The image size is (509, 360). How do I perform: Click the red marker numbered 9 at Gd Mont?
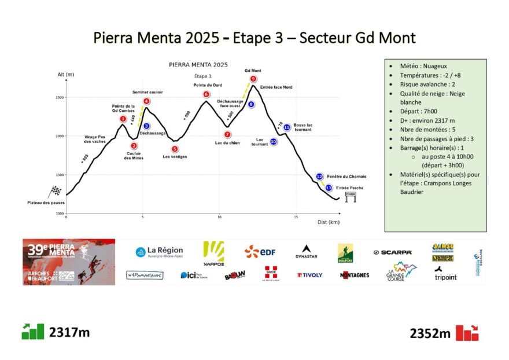click(253, 79)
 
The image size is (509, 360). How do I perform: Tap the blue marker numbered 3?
click(146, 126)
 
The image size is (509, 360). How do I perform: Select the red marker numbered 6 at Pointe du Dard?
click(206, 94)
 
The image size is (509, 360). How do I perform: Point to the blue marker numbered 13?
click(329, 188)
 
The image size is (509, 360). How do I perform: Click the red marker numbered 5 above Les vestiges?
click(174, 149)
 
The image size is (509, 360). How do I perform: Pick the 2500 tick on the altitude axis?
click(60, 97)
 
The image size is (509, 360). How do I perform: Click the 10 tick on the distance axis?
click(219, 217)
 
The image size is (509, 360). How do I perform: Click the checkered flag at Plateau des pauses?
click(56, 190)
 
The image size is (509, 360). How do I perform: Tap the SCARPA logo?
click(393, 252)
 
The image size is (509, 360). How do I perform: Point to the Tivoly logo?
click(309, 275)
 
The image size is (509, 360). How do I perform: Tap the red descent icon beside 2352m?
click(467, 333)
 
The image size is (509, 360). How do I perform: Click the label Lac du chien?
click(227, 143)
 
